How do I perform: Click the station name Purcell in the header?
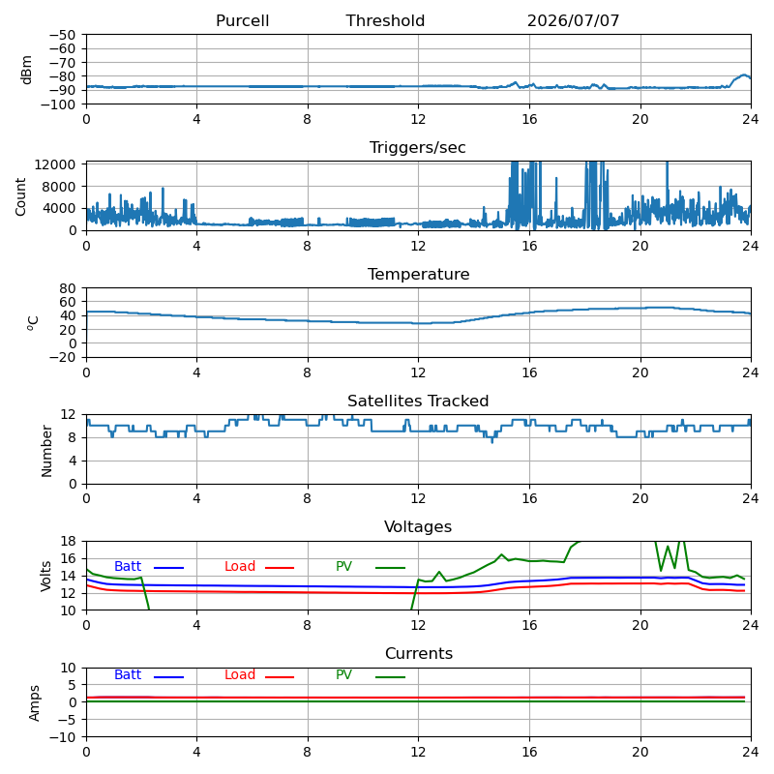point(243,20)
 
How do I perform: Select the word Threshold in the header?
point(385,20)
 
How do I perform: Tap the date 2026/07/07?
point(573,20)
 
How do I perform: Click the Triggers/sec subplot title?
point(418,148)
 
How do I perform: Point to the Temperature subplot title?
point(419,274)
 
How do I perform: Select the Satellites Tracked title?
point(418,401)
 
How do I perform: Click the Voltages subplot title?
point(418,526)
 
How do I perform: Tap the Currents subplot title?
point(419,654)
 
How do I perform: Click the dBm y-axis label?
point(26,70)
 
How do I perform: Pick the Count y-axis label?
point(20,197)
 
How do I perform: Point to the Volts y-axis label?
point(45,576)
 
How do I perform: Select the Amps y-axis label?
point(34,703)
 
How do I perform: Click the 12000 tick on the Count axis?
point(55,164)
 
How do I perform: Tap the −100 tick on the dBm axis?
point(58,104)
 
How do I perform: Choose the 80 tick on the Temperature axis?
point(68,288)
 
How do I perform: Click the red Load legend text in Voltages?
point(240,566)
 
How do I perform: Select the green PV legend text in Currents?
point(343,674)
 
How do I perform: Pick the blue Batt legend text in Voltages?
point(128,566)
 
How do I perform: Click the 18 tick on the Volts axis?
point(68,541)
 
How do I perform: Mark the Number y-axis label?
point(46,451)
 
